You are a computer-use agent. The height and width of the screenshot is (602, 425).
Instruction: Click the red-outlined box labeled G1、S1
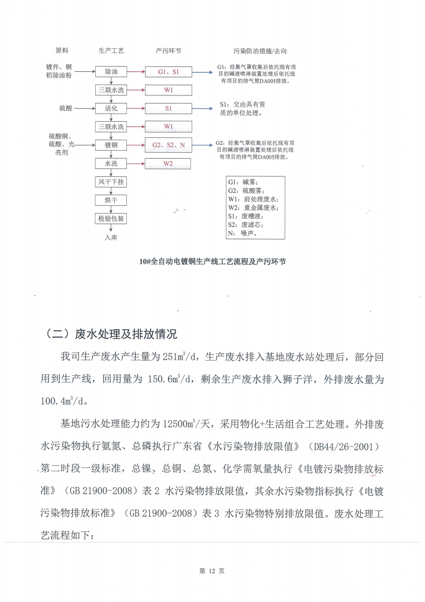[x=168, y=71]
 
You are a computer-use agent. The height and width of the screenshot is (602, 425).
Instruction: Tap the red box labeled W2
[x=168, y=163]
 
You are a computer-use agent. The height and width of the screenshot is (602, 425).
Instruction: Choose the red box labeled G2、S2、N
[x=168, y=145]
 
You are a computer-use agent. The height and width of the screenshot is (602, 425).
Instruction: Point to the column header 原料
[x=62, y=51]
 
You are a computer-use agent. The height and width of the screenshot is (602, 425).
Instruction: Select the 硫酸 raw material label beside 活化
[x=65, y=108]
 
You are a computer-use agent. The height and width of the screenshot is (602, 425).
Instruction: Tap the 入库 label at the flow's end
[x=111, y=237]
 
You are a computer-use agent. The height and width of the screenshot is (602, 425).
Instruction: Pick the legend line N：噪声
[x=242, y=233]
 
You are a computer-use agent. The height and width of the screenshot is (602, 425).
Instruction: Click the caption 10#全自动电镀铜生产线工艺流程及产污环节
[x=212, y=262]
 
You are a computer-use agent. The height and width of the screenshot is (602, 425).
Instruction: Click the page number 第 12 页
[x=212, y=571]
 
